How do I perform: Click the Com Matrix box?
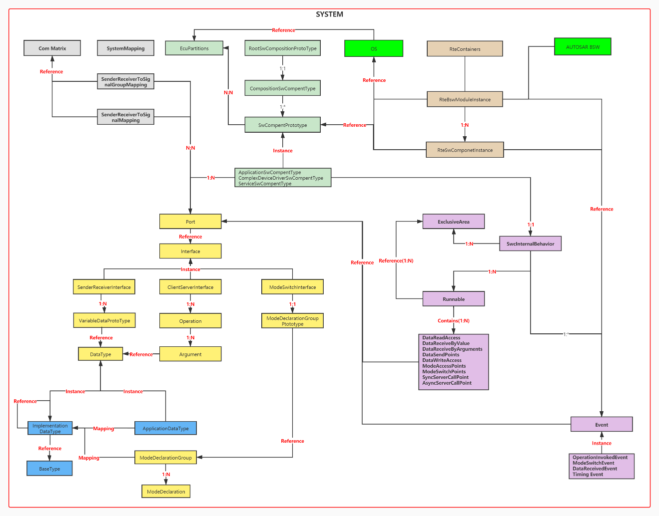tap(52, 48)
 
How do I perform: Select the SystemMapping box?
tap(125, 48)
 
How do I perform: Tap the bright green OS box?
tap(374, 49)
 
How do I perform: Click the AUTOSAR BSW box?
tap(583, 47)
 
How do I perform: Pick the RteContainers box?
tap(465, 49)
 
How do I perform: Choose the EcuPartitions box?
tap(194, 48)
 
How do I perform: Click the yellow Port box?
tap(190, 222)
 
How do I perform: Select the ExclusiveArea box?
tap(454, 222)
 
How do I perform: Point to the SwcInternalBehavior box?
tap(530, 244)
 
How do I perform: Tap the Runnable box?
tap(454, 299)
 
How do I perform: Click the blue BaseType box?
tap(49, 469)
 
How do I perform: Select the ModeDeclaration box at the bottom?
tap(166, 492)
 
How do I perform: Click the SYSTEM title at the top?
tap(329, 14)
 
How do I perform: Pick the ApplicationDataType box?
tap(165, 428)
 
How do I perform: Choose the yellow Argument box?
tap(190, 354)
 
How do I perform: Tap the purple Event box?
tap(602, 425)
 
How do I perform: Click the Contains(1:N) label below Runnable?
tap(454, 321)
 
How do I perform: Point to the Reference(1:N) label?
tap(396, 260)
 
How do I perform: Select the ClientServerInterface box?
tap(190, 287)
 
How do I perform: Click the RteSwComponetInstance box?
tap(465, 150)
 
